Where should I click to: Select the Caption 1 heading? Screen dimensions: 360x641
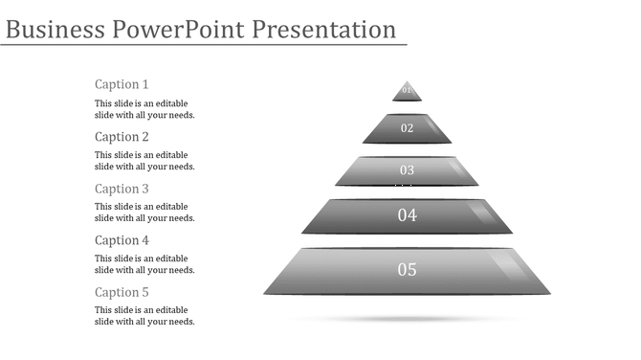(x=122, y=84)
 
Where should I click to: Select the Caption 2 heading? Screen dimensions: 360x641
(x=122, y=137)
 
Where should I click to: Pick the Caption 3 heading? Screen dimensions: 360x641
(x=122, y=189)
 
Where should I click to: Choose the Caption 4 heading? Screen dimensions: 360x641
(x=122, y=240)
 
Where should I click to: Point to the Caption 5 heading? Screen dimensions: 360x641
(x=122, y=292)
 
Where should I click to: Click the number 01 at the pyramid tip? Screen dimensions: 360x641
(x=407, y=91)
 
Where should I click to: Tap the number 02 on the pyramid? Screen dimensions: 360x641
(x=407, y=128)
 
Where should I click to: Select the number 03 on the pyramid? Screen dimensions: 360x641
(x=407, y=170)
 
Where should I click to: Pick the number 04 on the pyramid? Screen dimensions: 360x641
(x=408, y=215)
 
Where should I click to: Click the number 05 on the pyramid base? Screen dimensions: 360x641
(x=408, y=270)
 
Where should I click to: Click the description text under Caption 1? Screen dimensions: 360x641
(x=144, y=109)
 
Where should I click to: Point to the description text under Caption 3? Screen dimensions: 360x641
(x=144, y=213)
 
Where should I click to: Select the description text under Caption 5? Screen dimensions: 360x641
(x=144, y=316)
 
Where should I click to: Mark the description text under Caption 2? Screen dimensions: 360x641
(x=144, y=161)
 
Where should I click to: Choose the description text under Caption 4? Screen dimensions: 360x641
(x=144, y=264)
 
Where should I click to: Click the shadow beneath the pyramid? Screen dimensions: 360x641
(x=407, y=319)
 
